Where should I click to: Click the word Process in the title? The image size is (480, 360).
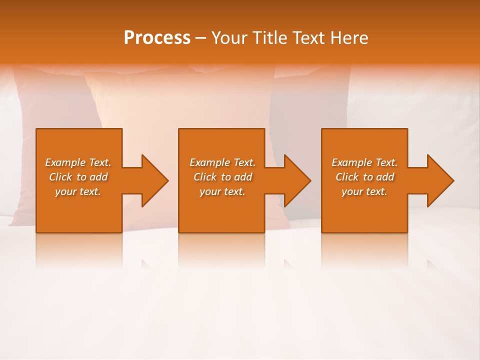pyautogui.click(x=157, y=38)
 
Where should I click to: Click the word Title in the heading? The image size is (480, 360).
pyautogui.click(x=271, y=38)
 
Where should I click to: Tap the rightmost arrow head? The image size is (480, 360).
pyautogui.click(x=439, y=180)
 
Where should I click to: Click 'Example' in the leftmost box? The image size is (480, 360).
pyautogui.click(x=65, y=162)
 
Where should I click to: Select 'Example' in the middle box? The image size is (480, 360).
pyautogui.click(x=209, y=162)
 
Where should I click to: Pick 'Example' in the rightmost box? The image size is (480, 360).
pyautogui.click(x=351, y=162)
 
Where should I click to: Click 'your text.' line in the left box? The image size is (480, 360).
pyautogui.click(x=78, y=191)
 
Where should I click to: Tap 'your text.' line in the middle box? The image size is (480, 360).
pyautogui.click(x=222, y=191)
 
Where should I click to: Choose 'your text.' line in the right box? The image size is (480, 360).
pyautogui.click(x=364, y=191)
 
